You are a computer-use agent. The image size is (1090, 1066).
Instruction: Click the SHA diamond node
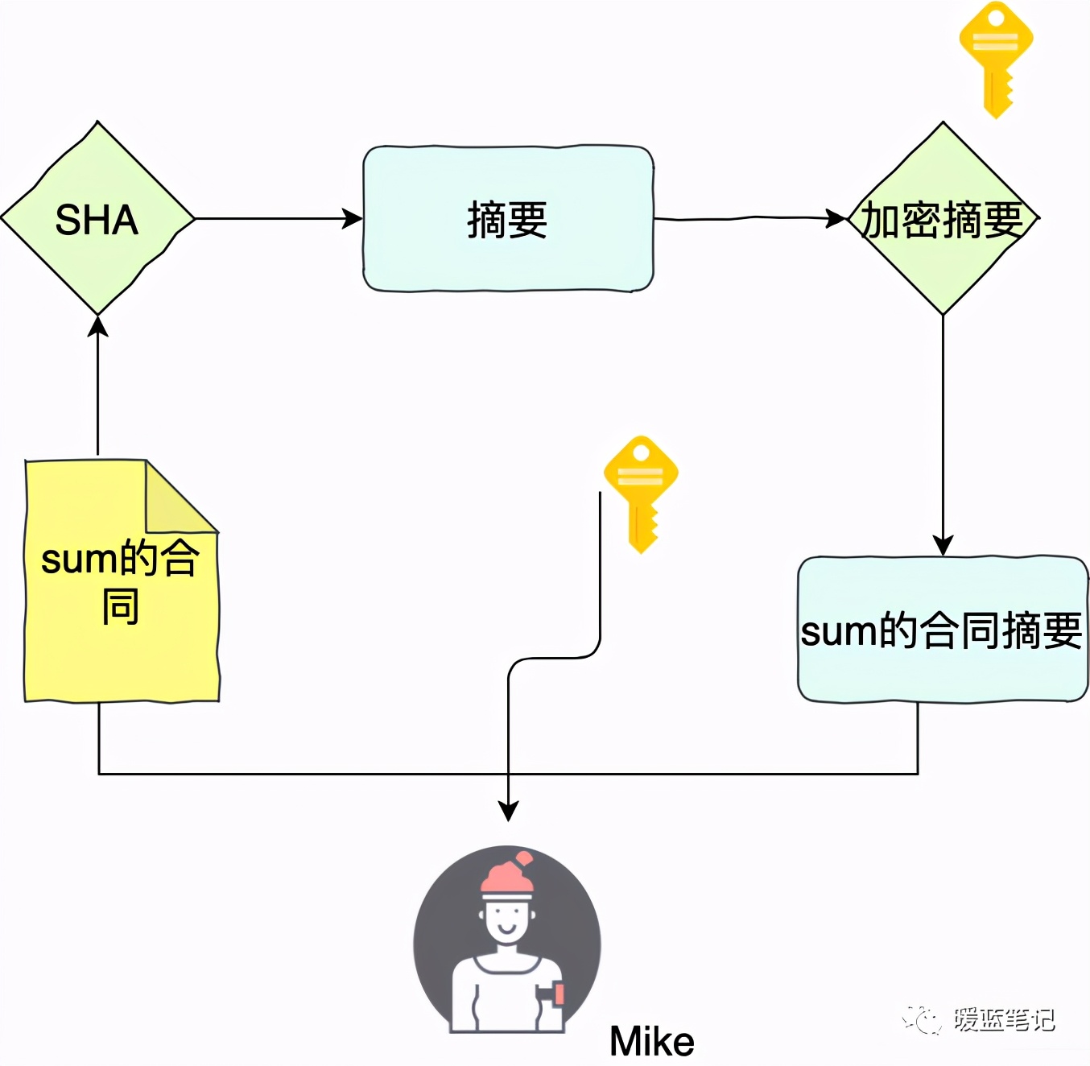coord(97,219)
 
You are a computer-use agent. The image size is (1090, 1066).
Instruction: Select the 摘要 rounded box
coord(508,219)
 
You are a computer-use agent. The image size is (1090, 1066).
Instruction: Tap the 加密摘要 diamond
coord(943,219)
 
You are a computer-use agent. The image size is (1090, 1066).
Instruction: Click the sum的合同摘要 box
coord(943,630)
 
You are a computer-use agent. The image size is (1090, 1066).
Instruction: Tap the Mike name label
coord(651,1042)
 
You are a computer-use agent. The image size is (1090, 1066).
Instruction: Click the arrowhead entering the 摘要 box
coord(353,218)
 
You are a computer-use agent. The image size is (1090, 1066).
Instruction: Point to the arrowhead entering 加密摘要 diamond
coord(837,218)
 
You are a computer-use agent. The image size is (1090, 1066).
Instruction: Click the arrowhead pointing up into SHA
coord(98,326)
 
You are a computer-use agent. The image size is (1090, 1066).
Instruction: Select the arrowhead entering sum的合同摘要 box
coord(943,545)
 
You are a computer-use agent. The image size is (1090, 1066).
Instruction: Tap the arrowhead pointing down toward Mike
coord(508,811)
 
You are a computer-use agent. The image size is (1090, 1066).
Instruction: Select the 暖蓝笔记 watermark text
coord(1004,1020)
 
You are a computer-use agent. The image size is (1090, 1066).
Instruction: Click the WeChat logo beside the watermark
coord(923,1020)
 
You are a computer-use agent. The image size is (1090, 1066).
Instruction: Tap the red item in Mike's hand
coord(558,994)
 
